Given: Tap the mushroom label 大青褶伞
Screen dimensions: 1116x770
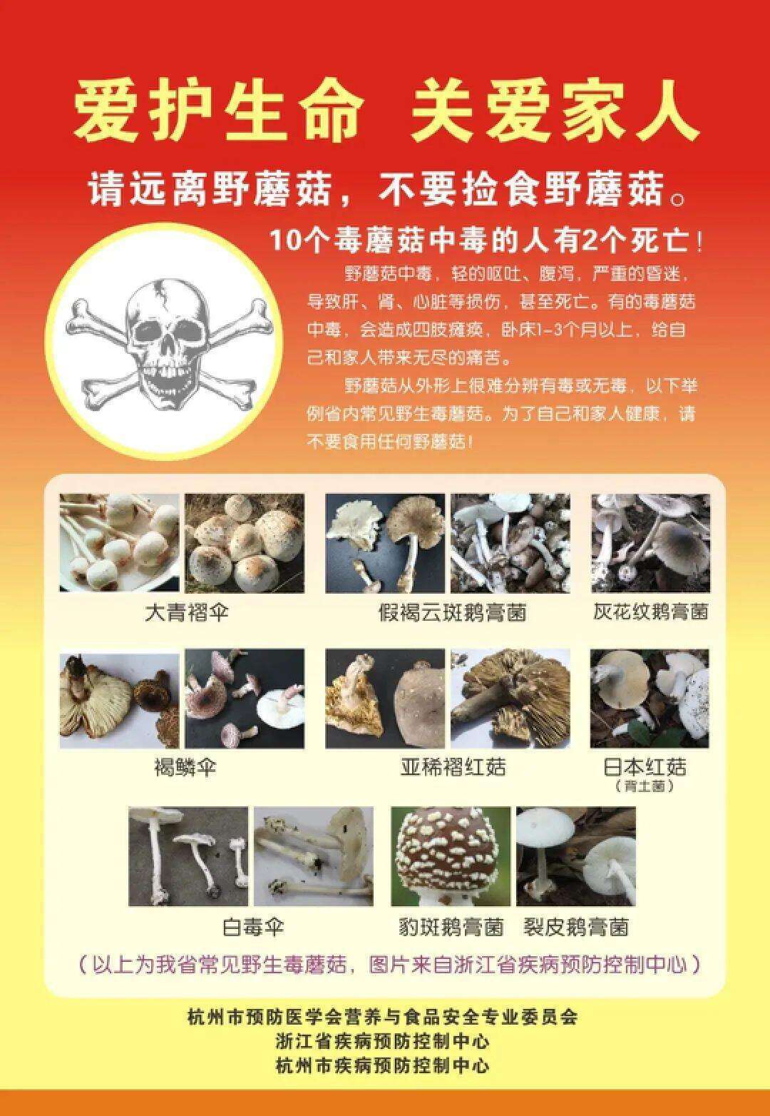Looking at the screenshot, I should (188, 612).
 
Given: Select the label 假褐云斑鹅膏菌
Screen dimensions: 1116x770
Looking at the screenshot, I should (452, 612).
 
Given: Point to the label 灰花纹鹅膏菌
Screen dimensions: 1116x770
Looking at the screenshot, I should (650, 612).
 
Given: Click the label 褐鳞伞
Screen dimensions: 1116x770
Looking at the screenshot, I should (185, 768).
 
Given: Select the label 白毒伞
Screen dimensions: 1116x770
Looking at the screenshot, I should (253, 927).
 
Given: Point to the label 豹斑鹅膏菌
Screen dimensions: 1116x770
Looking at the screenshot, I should (451, 927).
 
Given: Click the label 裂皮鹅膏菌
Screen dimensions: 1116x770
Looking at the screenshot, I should (576, 927).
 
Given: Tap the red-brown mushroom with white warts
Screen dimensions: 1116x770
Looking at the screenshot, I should (451, 853).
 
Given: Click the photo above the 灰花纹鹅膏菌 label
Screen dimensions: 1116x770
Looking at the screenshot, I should (650, 543).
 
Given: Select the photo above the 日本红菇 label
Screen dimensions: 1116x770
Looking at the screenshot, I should (650, 698).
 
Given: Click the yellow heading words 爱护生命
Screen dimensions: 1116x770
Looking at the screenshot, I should (217, 113).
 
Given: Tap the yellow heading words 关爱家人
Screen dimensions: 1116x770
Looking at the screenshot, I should (553, 113).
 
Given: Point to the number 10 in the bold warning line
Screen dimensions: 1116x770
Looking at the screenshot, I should (284, 241).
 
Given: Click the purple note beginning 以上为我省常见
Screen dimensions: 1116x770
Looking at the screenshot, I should (389, 965).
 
